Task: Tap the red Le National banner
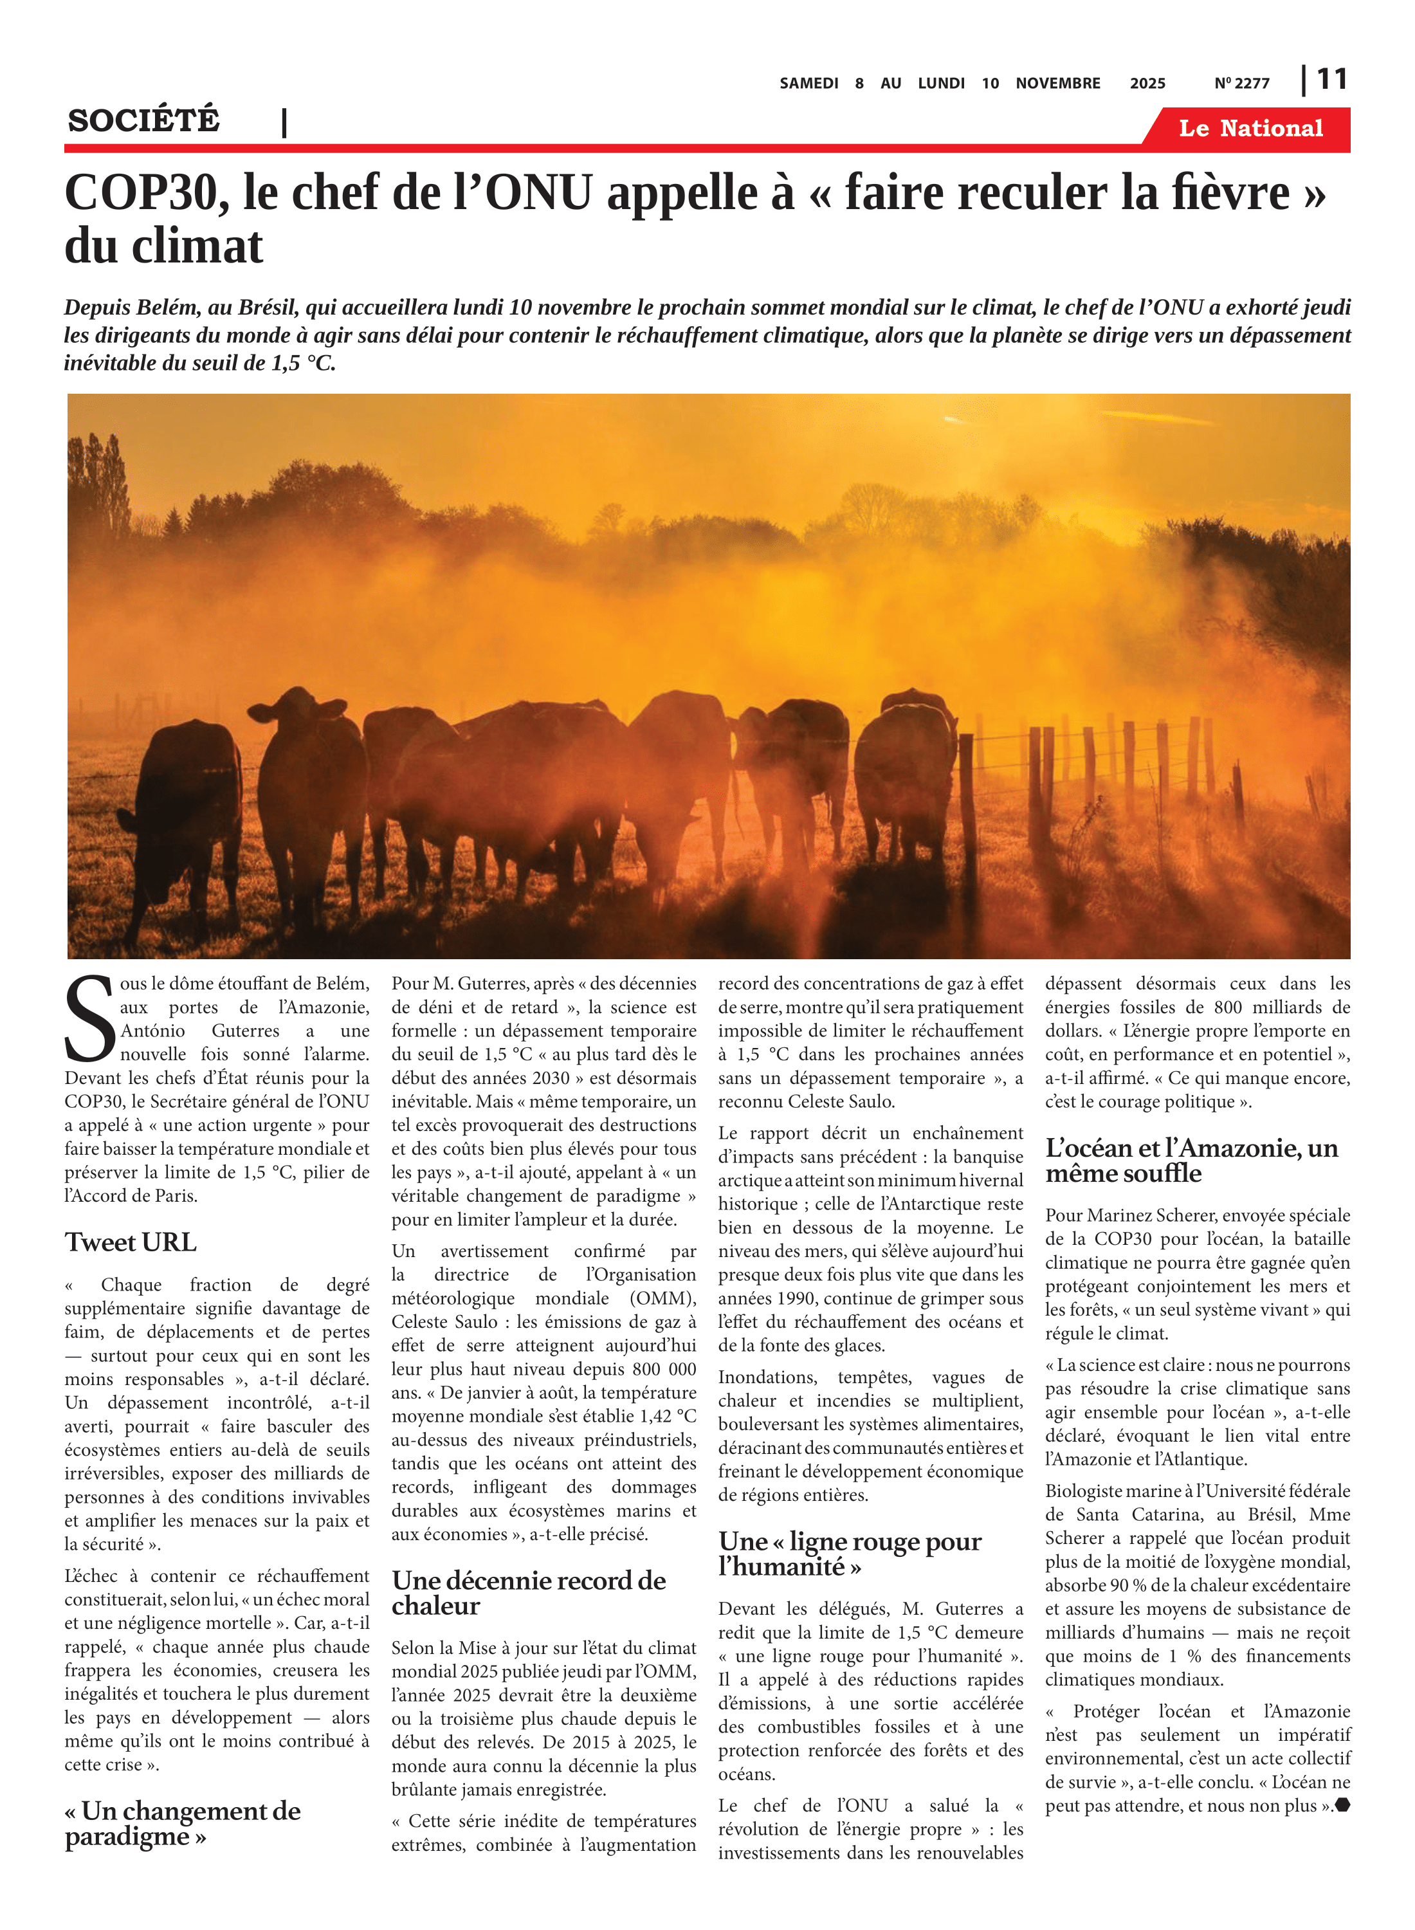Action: click(x=1250, y=129)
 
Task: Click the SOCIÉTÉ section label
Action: click(x=144, y=120)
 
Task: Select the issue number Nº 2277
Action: click(x=1241, y=83)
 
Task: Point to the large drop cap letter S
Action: click(x=89, y=1020)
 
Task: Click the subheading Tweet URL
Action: click(x=130, y=1242)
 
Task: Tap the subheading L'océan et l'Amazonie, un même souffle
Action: click(x=1191, y=1160)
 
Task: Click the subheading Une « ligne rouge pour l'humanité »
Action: click(x=850, y=1553)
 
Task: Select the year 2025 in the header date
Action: click(x=1147, y=83)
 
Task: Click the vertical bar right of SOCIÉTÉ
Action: click(x=284, y=122)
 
